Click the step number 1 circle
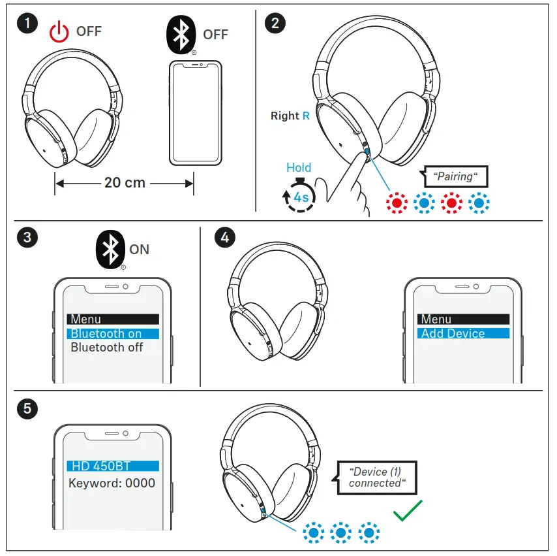(x=27, y=25)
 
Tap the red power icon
(x=59, y=32)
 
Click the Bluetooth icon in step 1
(x=181, y=35)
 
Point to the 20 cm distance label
(x=125, y=183)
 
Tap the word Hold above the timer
(x=299, y=168)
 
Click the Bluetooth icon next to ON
(x=111, y=250)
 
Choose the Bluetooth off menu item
(x=107, y=348)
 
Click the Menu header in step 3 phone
(x=113, y=319)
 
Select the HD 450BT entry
(x=113, y=466)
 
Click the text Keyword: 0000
(x=112, y=483)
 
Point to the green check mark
(x=408, y=510)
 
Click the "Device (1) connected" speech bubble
(x=378, y=478)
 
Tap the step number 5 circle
(x=27, y=408)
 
